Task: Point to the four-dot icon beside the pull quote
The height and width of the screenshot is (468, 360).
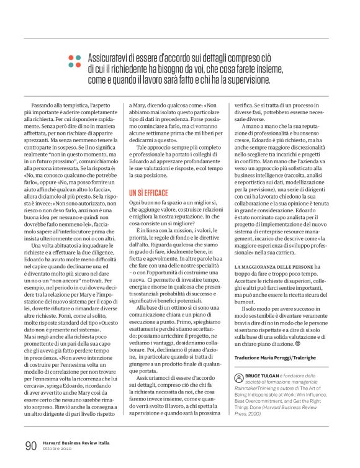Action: pos(74,61)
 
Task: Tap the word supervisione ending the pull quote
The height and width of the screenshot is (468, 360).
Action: pos(250,79)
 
